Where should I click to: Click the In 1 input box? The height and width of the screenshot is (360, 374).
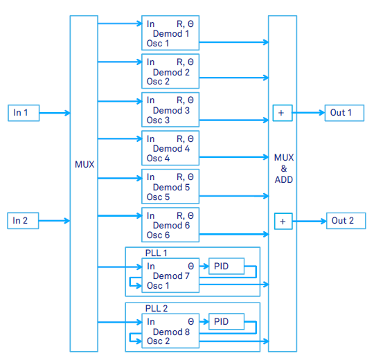24,113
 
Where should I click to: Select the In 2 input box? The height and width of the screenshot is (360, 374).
23,221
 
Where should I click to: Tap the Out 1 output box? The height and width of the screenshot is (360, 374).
344,113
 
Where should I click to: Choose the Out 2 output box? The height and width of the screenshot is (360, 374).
346,221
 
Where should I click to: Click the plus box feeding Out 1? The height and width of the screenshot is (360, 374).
283,113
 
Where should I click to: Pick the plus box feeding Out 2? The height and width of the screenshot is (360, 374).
283,222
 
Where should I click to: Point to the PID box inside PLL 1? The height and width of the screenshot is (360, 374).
226,266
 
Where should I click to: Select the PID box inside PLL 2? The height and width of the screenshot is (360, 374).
226,322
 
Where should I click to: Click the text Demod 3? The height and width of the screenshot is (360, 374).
171,110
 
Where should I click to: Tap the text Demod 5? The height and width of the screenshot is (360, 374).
171,187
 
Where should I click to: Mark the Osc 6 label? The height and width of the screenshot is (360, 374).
158,235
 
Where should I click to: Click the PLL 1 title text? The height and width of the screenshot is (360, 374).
157,253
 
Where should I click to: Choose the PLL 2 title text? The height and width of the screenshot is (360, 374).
157,309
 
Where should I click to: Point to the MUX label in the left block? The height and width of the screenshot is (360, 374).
84,164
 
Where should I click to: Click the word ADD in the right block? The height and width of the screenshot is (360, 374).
283,179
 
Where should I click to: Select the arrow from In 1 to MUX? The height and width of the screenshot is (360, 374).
55,113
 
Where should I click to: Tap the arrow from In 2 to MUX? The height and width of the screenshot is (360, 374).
55,221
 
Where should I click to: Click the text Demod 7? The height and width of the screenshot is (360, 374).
171,276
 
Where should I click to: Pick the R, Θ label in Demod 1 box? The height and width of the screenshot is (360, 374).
185,24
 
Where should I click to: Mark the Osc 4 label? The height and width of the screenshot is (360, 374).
158,159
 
